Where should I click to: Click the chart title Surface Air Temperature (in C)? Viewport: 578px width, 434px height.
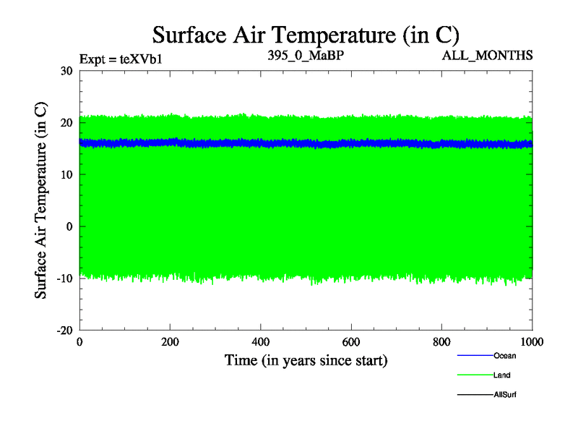click(306, 34)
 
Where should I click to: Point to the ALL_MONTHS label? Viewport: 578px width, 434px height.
click(488, 55)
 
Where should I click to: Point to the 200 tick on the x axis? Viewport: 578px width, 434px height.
click(170, 341)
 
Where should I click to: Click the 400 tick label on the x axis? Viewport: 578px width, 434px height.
click(261, 341)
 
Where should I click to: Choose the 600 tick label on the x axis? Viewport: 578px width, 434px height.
click(351, 341)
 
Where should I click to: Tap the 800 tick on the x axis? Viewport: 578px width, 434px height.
click(442, 341)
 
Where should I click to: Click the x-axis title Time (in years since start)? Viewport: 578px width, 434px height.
click(306, 359)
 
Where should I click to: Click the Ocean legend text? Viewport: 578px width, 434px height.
click(505, 356)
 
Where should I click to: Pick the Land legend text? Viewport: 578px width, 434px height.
click(502, 375)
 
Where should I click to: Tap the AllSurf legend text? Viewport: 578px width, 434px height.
click(505, 395)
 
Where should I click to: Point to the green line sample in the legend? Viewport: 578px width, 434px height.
click(475, 375)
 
